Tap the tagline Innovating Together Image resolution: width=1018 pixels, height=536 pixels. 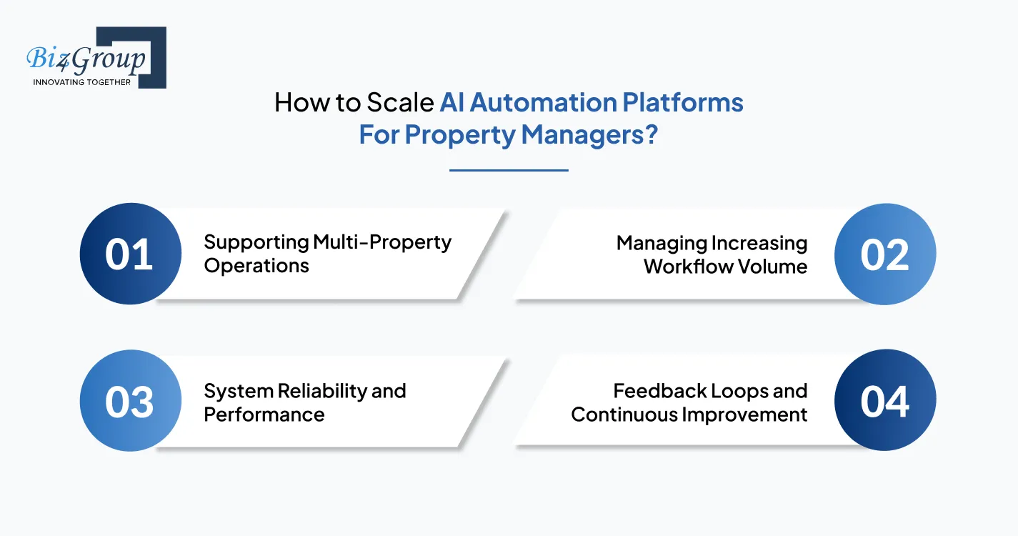[x=82, y=82]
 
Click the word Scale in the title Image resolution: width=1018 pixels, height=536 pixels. [x=399, y=103]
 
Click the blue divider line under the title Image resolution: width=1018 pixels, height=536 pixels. [x=509, y=170]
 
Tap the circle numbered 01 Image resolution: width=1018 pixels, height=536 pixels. [x=130, y=254]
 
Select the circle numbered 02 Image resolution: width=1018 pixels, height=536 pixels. [x=884, y=254]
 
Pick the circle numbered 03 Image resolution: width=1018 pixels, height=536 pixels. [x=130, y=402]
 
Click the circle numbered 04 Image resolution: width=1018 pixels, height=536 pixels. [x=884, y=402]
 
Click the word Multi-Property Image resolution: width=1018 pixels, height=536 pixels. [x=382, y=242]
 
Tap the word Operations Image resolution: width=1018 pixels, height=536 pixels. [x=256, y=266]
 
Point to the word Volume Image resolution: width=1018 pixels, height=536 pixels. [x=775, y=267]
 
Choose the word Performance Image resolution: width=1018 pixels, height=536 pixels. [x=264, y=415]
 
